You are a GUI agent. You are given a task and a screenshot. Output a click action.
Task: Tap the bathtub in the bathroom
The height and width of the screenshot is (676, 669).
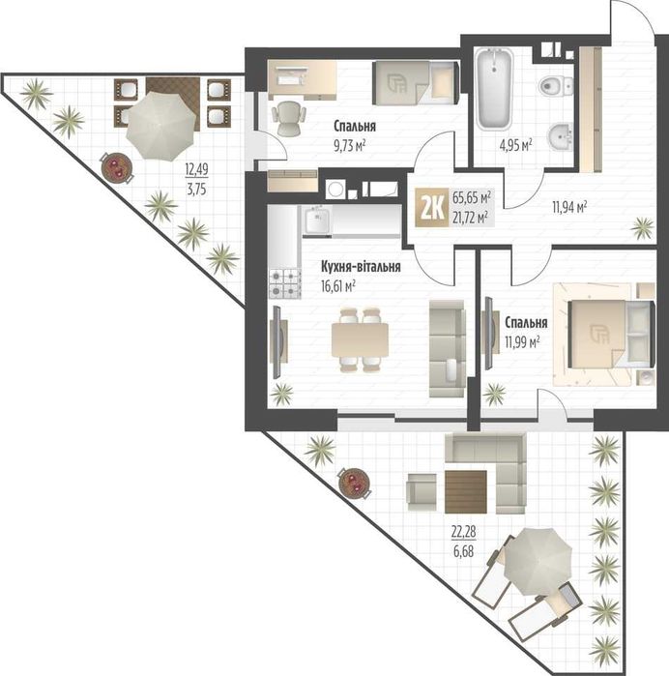494,89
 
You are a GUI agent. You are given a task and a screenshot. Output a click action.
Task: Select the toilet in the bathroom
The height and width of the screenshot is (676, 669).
556,86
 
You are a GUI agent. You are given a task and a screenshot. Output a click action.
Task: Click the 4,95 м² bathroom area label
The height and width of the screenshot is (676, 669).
515,145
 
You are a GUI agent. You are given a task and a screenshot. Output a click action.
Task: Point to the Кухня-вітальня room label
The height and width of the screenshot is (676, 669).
361,267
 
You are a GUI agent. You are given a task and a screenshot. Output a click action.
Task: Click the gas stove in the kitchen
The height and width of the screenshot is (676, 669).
285,283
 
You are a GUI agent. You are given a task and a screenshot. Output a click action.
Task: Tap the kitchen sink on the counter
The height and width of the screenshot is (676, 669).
317,220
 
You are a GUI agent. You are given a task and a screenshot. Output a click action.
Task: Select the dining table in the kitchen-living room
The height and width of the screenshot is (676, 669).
360,339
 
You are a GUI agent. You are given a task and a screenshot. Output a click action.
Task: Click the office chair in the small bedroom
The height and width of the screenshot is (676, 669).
288,118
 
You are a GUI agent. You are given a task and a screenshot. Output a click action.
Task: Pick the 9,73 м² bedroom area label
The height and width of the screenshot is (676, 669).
350,145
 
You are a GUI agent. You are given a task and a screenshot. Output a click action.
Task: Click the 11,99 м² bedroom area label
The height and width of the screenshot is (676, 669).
522,342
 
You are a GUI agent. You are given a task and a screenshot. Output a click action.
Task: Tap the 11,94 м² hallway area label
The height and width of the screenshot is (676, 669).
569,208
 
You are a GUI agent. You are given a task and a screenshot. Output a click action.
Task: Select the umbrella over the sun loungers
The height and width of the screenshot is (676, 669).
538,561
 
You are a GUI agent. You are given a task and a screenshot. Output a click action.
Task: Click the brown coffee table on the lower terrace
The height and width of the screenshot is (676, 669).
466,491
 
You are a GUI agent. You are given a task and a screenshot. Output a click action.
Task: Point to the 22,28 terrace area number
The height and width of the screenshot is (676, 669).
464,532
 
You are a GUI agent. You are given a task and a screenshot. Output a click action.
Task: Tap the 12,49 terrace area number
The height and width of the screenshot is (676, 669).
196,169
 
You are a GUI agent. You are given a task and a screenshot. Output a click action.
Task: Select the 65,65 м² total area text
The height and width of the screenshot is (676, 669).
472,198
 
